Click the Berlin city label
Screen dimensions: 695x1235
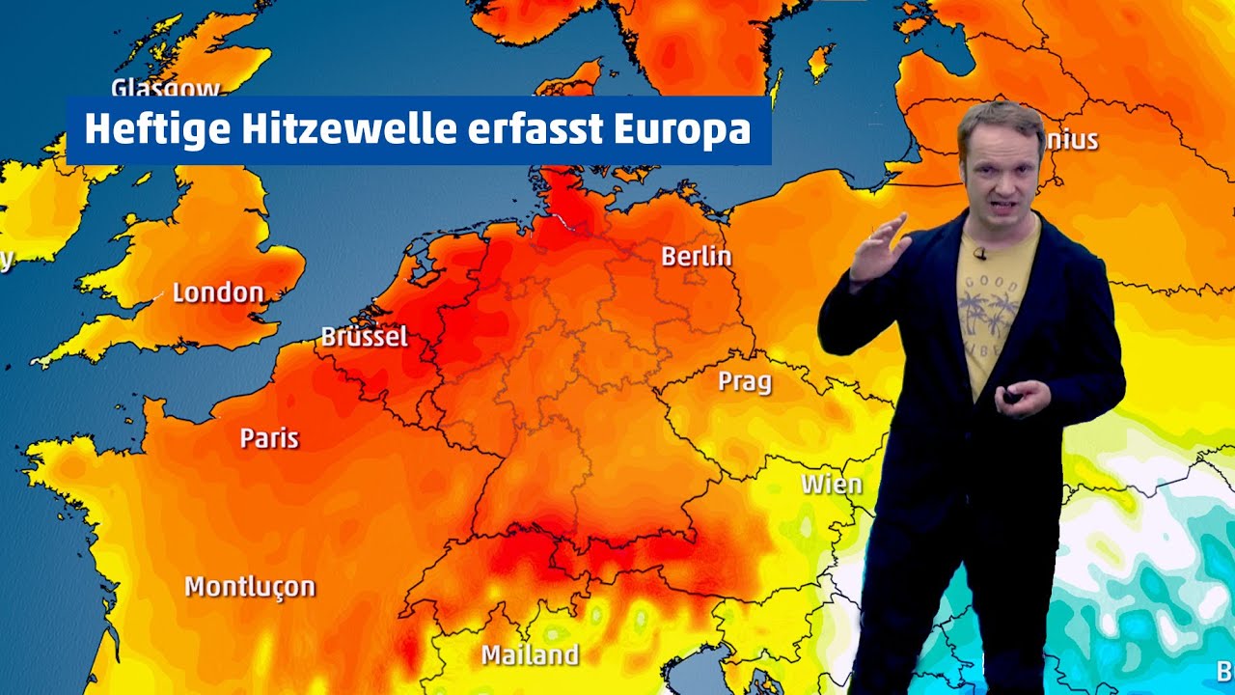click(696, 257)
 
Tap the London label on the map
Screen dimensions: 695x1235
click(218, 292)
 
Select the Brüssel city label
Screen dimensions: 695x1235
click(364, 337)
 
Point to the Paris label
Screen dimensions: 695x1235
click(269, 438)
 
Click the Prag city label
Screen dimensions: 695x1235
click(745, 381)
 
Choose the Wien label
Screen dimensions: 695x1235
click(831, 484)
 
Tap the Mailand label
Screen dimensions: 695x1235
click(530, 654)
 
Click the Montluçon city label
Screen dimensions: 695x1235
click(250, 586)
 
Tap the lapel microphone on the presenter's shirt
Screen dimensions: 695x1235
click(979, 254)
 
